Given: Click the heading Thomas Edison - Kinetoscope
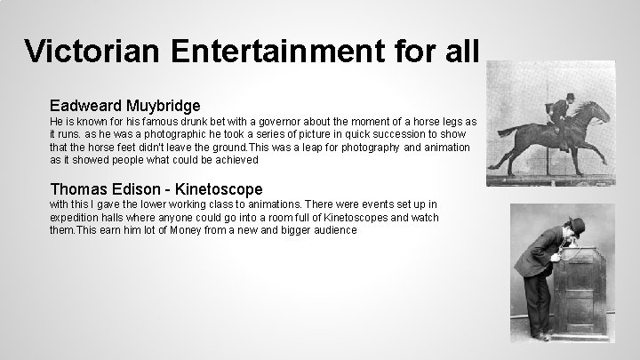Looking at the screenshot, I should pos(156,188).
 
